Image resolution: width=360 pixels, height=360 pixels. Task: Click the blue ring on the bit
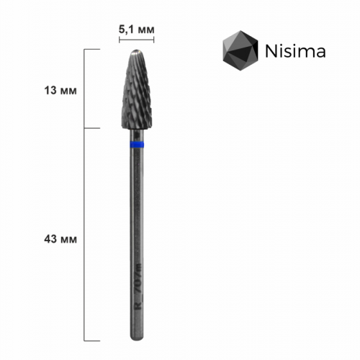pyautogui.click(x=135, y=145)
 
